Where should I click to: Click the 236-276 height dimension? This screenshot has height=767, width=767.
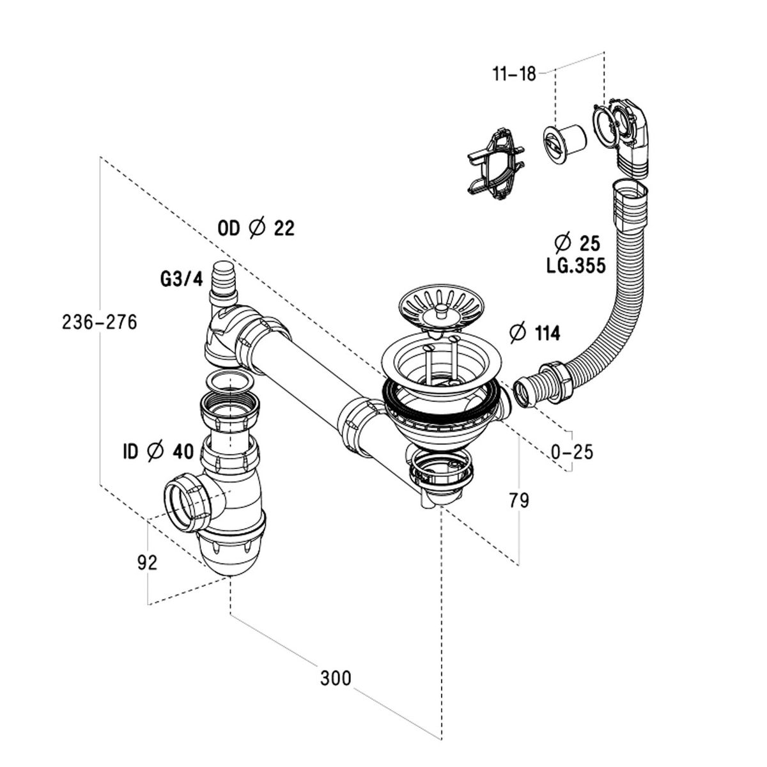pyautogui.click(x=100, y=323)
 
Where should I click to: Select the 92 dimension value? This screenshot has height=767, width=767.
pyautogui.click(x=146, y=562)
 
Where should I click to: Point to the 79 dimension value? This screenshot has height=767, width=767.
pyautogui.click(x=520, y=500)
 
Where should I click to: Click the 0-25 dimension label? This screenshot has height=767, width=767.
pyautogui.click(x=572, y=452)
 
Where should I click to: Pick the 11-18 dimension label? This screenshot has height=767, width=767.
pyautogui.click(x=515, y=74)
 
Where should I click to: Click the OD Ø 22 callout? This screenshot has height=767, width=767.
pyautogui.click(x=256, y=228)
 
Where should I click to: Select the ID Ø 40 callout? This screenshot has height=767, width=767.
pyautogui.click(x=157, y=452)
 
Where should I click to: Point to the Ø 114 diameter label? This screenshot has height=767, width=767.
pyautogui.click(x=534, y=333)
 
